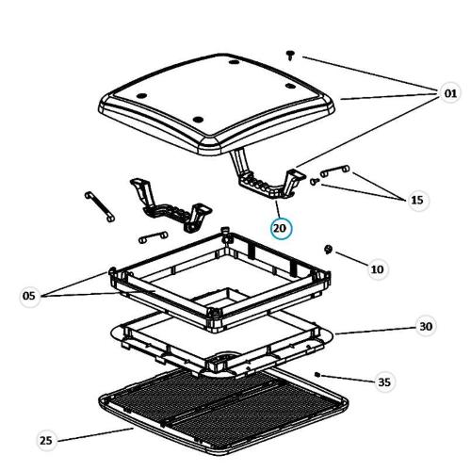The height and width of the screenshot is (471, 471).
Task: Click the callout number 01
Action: tap(450, 93)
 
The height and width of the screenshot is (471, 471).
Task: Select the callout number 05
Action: tap(29, 296)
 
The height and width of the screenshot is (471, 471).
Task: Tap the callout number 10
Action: tap(377, 269)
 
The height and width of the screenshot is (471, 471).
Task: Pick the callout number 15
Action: tap(417, 200)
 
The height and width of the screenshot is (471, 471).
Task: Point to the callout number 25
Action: tap(46, 440)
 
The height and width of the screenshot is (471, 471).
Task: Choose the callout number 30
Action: tap(426, 327)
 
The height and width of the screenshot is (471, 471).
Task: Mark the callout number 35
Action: tap(384, 382)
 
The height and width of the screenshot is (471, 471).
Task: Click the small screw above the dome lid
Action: tap(290, 56)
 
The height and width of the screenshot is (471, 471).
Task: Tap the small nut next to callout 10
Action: tap(328, 250)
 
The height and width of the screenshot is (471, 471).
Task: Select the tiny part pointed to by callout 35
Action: tap(317, 374)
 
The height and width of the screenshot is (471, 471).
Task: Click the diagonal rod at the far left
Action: tap(100, 206)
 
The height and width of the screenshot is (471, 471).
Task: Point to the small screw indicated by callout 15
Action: tap(315, 181)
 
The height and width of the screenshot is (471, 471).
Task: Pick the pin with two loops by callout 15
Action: tap(334, 171)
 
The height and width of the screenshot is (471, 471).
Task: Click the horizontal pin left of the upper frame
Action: tap(153, 237)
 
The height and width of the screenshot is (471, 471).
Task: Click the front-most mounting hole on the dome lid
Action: tap(198, 120)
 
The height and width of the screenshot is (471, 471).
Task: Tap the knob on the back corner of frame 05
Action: tap(225, 234)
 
